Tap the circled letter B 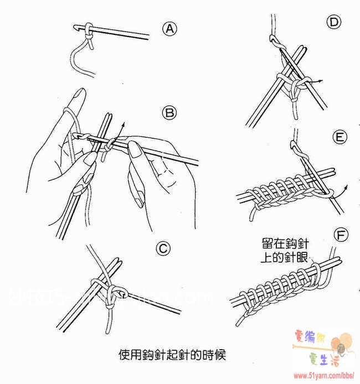(169, 113)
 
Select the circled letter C (163, 250)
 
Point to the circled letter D (333, 23)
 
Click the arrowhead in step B (124, 122)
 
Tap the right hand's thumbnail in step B (134, 148)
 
